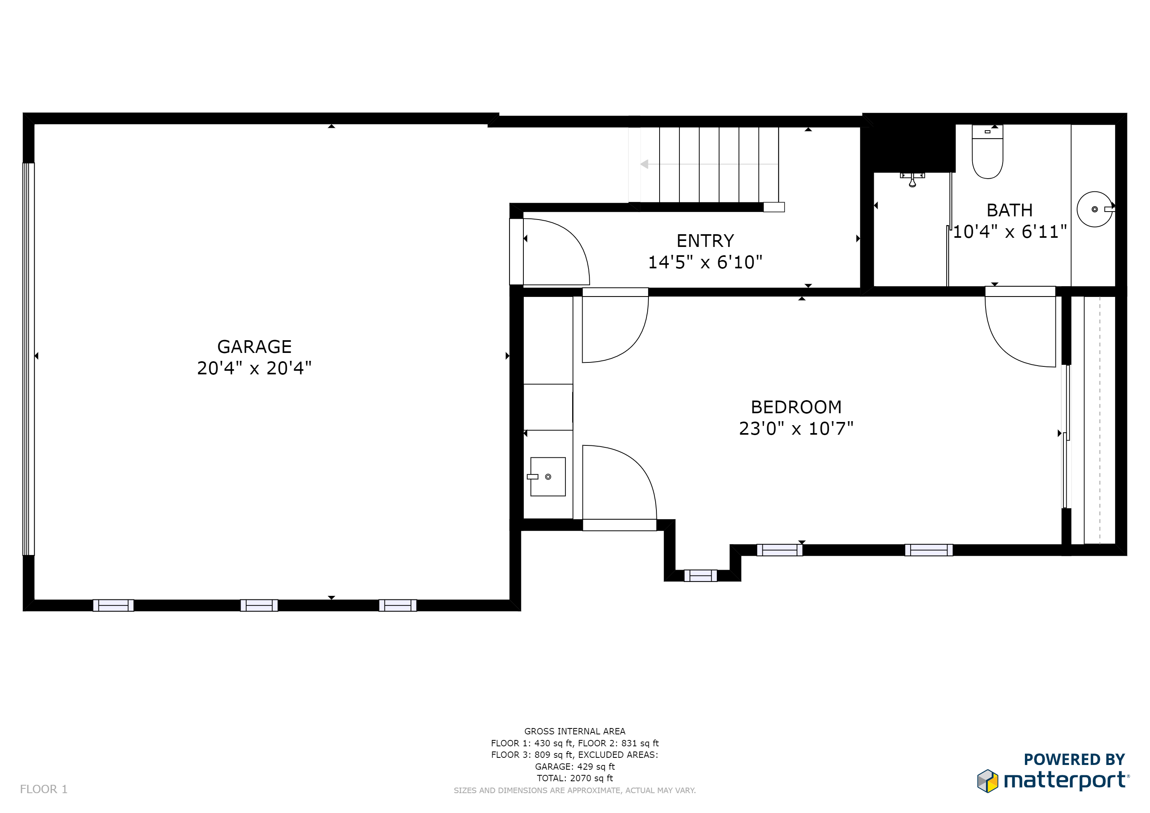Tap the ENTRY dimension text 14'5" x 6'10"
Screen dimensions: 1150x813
pyautogui.click(x=705, y=262)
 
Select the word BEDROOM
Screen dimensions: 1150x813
pyautogui.click(x=796, y=407)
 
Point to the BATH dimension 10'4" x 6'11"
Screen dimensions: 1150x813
pyautogui.click(x=1009, y=231)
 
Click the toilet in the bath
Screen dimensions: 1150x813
pyautogui.click(x=987, y=152)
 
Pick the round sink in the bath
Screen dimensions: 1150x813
pyautogui.click(x=1094, y=209)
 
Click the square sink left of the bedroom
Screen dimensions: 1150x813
pyautogui.click(x=548, y=477)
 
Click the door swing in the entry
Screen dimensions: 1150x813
pyautogui.click(x=556, y=252)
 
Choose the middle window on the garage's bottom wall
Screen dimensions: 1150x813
pyautogui.click(x=259, y=605)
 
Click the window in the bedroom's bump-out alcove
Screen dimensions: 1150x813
pyautogui.click(x=700, y=576)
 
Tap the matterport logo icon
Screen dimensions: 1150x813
pyautogui.click(x=988, y=781)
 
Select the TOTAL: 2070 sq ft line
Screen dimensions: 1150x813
pyautogui.click(x=575, y=778)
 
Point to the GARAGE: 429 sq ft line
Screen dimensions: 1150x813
pyautogui.click(x=575, y=767)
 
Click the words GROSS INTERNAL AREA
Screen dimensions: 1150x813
pyautogui.click(x=575, y=731)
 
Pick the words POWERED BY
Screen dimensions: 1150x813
pyautogui.click(x=1075, y=759)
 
